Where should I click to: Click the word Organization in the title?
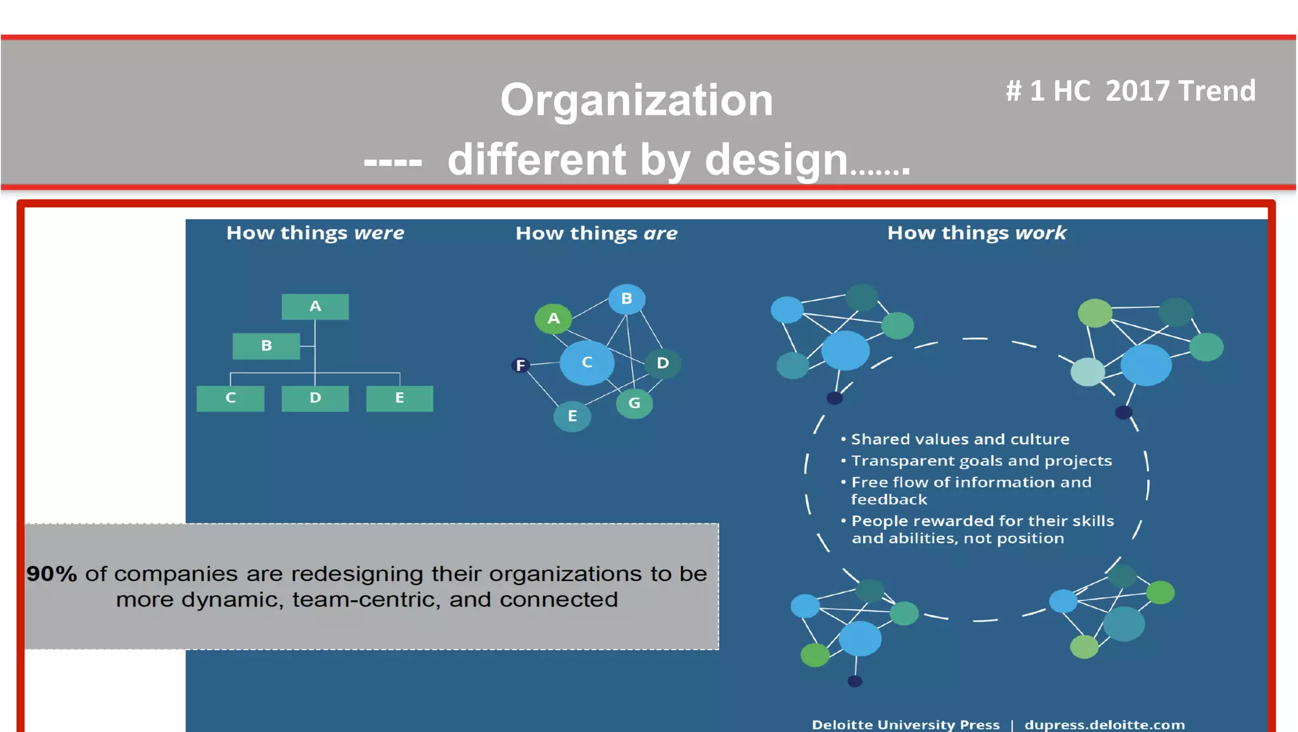coord(636,100)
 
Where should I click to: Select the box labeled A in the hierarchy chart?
coord(315,307)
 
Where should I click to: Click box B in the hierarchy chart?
coord(266,346)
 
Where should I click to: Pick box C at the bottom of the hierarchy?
coord(230,399)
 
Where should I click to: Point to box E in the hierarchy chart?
coord(399,399)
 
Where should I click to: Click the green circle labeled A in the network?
coord(553,318)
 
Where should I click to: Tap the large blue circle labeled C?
coord(587,363)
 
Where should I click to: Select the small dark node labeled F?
coord(520,366)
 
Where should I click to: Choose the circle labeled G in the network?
coord(634,403)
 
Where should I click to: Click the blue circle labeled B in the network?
coord(626,299)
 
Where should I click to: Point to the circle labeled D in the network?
coord(663,363)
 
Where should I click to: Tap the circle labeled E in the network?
coord(572,416)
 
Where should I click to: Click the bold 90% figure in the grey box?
coord(51,574)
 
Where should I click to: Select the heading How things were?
coord(315,233)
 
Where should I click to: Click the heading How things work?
coord(977,233)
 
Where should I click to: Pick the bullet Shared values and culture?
coord(960,439)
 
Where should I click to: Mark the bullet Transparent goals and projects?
coord(981,461)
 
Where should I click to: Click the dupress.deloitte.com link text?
coord(1104,724)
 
